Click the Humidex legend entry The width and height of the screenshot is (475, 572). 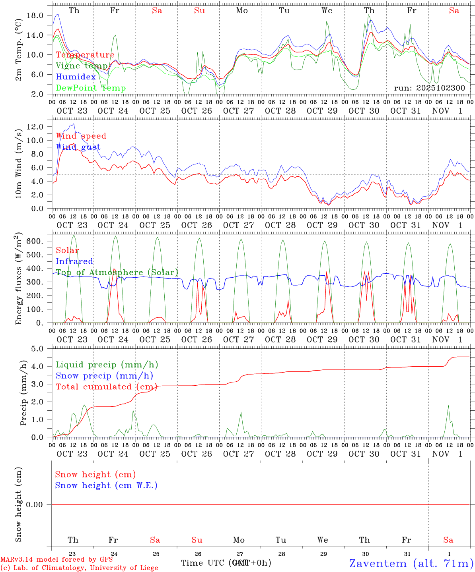76,77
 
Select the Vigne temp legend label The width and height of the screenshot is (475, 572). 82,66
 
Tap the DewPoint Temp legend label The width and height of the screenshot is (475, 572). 91,88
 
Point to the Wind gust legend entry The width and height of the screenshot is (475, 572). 78,147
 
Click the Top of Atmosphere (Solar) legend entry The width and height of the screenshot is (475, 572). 117,272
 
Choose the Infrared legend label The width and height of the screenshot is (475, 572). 74,261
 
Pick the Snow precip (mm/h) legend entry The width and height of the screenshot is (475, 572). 104,376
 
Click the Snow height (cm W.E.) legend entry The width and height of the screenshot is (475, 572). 106,485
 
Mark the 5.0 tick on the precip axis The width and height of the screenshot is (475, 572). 37,349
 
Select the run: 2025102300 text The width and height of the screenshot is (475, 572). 429,88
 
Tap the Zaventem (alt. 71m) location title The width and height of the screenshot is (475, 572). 411,563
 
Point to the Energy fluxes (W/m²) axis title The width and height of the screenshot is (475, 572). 18,279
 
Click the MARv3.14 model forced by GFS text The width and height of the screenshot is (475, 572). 56,559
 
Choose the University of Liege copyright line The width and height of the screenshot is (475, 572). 79,568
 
